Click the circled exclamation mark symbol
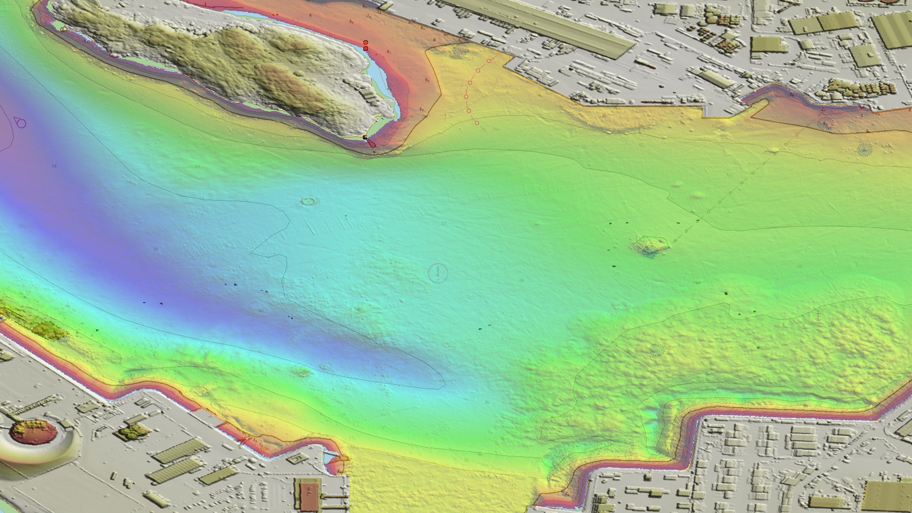[438, 272]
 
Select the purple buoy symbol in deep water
[20, 123]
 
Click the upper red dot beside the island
[366, 42]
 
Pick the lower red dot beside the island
[366, 49]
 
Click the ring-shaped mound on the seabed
[309, 201]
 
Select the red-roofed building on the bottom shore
[309, 494]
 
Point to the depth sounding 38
[54, 166]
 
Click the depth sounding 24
[197, 166]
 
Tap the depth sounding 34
[156, 249]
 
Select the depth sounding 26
[521, 280]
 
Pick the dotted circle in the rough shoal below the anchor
[656, 350]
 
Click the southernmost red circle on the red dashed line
[477, 123]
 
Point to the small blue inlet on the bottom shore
[331, 457]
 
